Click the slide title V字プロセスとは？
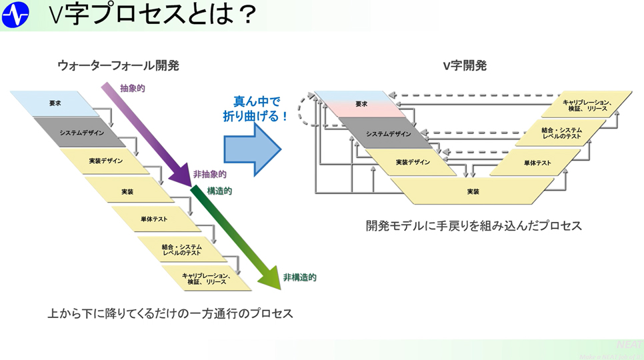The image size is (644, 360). click(x=153, y=15)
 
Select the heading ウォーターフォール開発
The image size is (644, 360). click(x=118, y=65)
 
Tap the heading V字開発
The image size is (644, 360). click(x=465, y=65)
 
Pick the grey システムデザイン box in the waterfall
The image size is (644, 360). click(x=81, y=133)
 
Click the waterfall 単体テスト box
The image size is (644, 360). click(x=154, y=219)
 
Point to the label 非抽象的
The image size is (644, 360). click(x=209, y=174)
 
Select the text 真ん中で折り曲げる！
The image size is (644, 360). click(x=255, y=109)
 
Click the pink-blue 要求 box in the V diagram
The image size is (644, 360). click(x=361, y=104)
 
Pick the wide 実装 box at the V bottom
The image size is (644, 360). click(x=473, y=191)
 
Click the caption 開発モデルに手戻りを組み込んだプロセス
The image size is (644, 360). click(x=473, y=225)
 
